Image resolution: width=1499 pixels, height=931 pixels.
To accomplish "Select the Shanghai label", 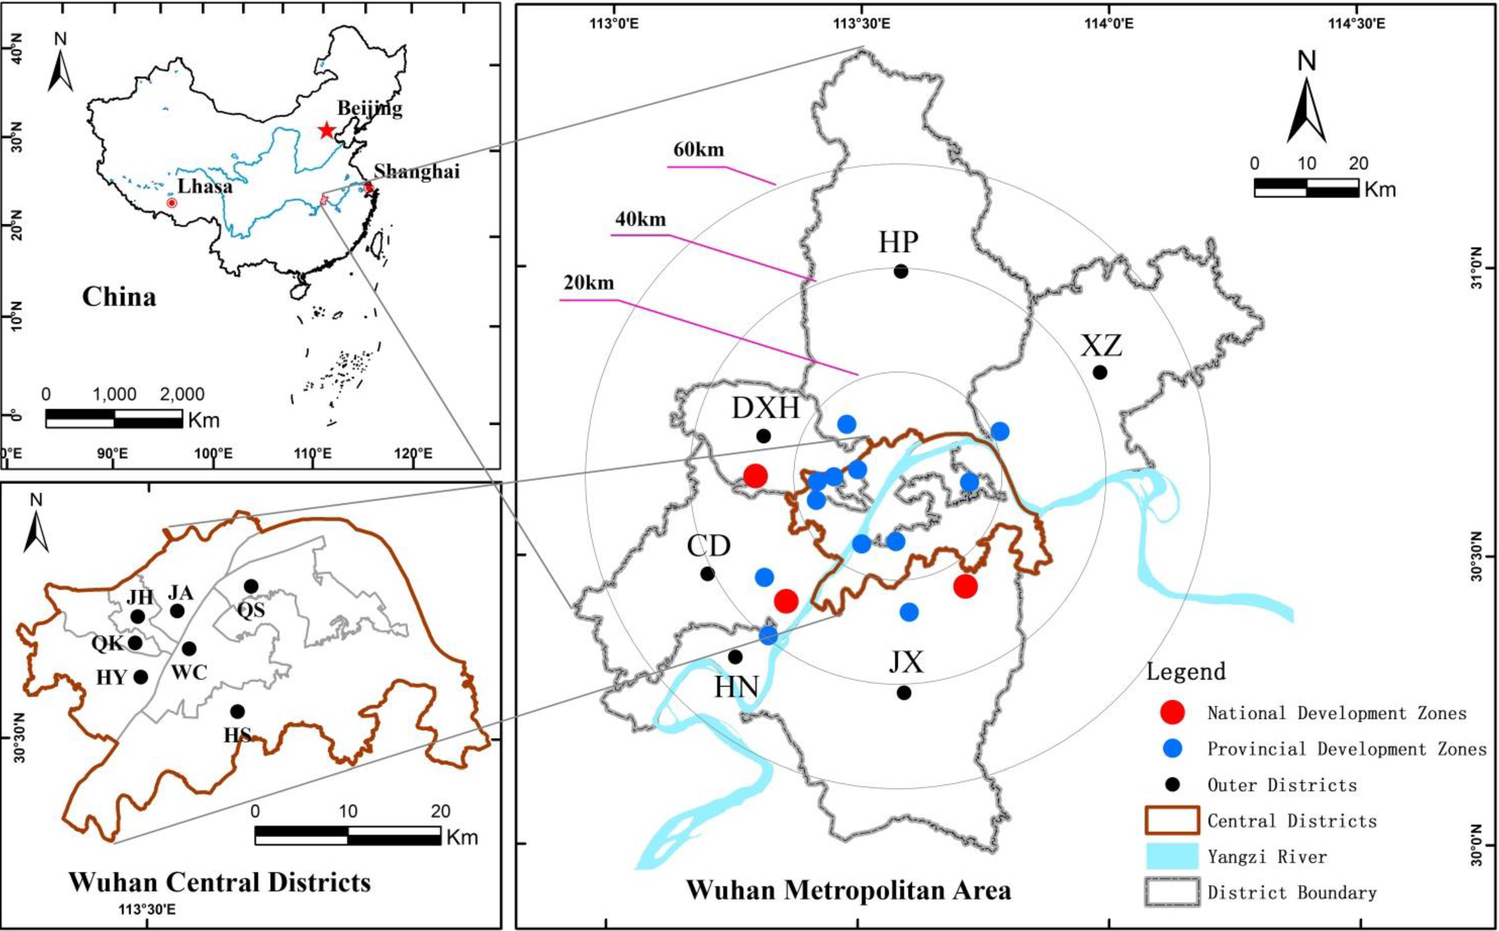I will coord(417,171).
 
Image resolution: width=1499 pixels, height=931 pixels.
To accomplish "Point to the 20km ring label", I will coord(589,283).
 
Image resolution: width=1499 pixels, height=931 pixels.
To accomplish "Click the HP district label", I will coord(898,242).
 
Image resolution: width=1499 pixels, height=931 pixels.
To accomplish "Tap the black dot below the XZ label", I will coord(1099,372).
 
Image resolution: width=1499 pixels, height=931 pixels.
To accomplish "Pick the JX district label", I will coord(906,663).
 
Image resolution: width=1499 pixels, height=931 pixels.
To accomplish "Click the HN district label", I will coord(736,687).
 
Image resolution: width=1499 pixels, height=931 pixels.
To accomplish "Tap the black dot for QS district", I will coord(251,585).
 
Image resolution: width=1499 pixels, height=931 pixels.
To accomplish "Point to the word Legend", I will coord(1186,671).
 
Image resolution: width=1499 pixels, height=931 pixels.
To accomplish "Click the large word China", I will coord(119,297).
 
